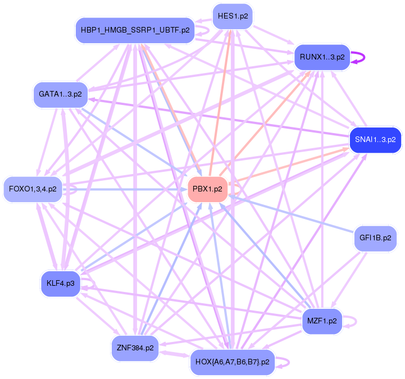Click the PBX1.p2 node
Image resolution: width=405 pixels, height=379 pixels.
pos(207,189)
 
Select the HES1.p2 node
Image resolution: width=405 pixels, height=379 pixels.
pos(233,16)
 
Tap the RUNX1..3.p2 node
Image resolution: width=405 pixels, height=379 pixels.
pos(322,57)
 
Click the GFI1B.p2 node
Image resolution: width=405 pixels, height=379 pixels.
pos(375,238)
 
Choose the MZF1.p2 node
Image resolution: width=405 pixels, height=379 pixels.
pos(322,321)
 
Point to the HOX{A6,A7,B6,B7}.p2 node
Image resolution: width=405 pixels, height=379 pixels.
pos(232,362)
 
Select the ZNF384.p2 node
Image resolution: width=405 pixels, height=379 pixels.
pos(135,348)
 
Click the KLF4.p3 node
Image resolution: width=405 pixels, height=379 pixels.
pos(61,284)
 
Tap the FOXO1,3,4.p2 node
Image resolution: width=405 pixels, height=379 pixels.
pos(33,189)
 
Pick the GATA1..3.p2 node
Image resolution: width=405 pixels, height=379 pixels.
pos(61,94)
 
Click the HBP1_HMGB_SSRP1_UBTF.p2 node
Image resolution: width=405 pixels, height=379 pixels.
pos(135,30)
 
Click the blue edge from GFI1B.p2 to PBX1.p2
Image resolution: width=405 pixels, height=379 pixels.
pos(292,214)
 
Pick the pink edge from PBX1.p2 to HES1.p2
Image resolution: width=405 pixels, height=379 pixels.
pos(220,101)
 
